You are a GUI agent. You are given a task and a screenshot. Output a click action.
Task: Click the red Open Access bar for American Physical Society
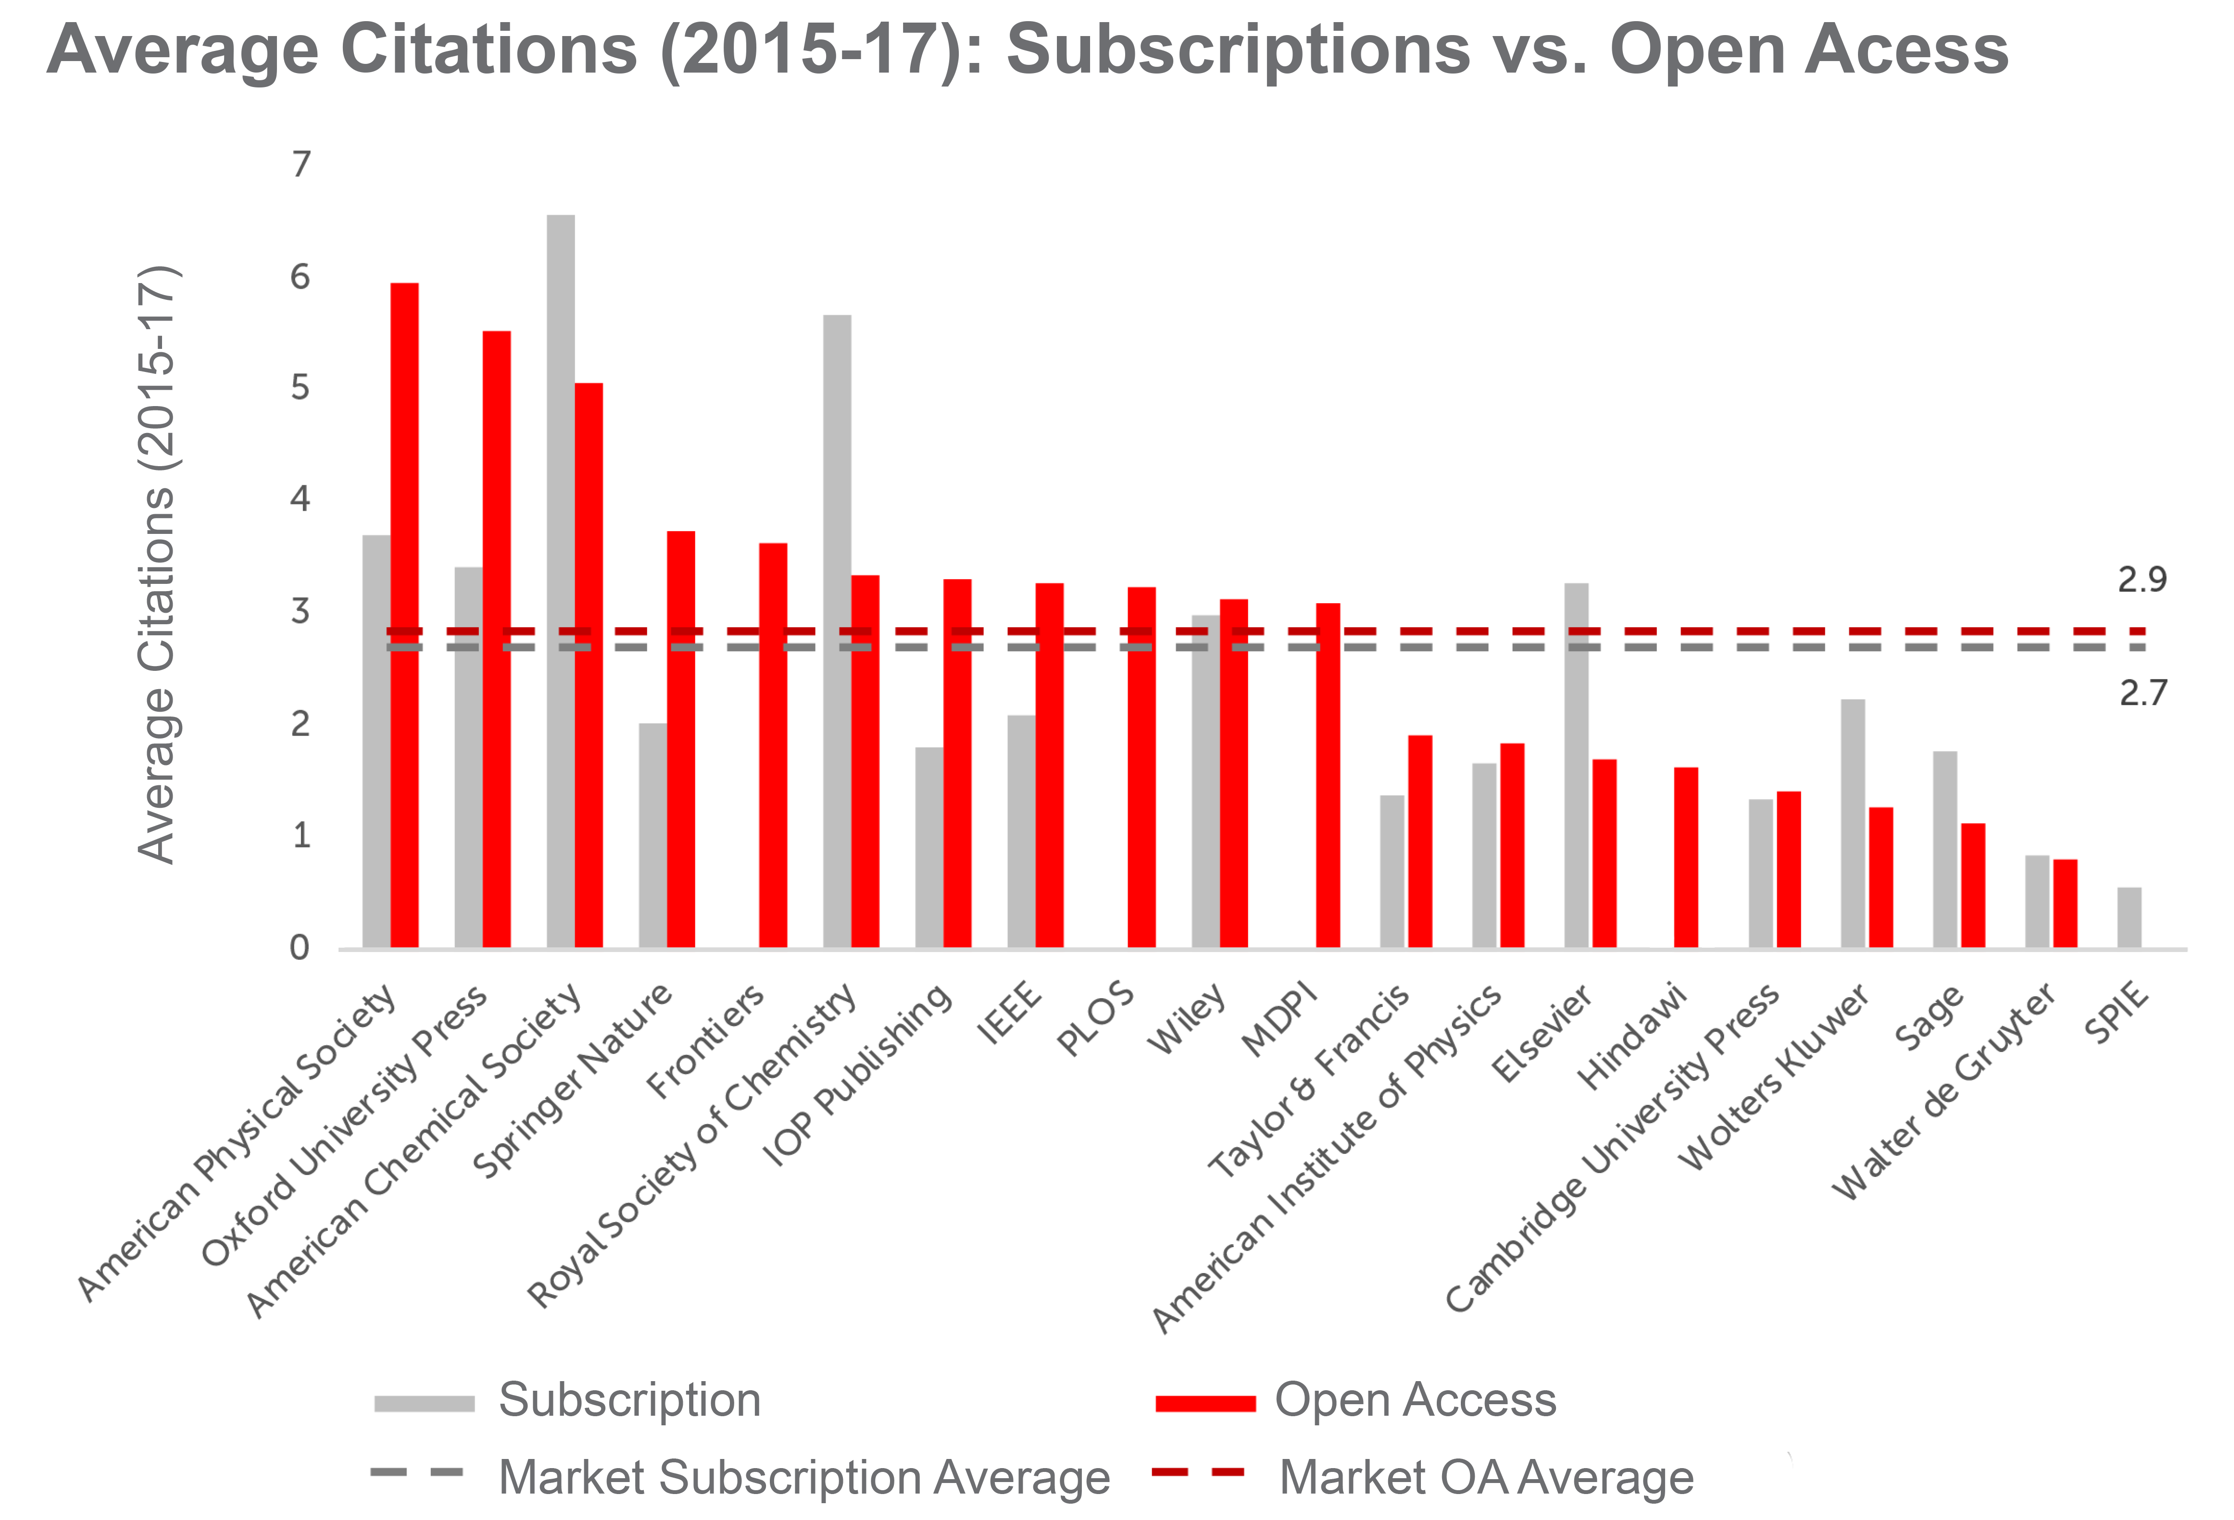click(404, 615)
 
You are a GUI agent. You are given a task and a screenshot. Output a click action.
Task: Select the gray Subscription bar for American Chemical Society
click(560, 577)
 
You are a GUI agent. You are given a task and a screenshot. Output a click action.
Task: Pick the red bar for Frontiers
click(773, 745)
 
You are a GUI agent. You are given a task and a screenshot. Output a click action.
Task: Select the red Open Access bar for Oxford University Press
click(496, 639)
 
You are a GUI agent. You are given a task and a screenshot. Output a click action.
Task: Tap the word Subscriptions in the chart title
click(1237, 50)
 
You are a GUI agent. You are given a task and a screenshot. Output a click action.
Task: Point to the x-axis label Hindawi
click(1632, 1036)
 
